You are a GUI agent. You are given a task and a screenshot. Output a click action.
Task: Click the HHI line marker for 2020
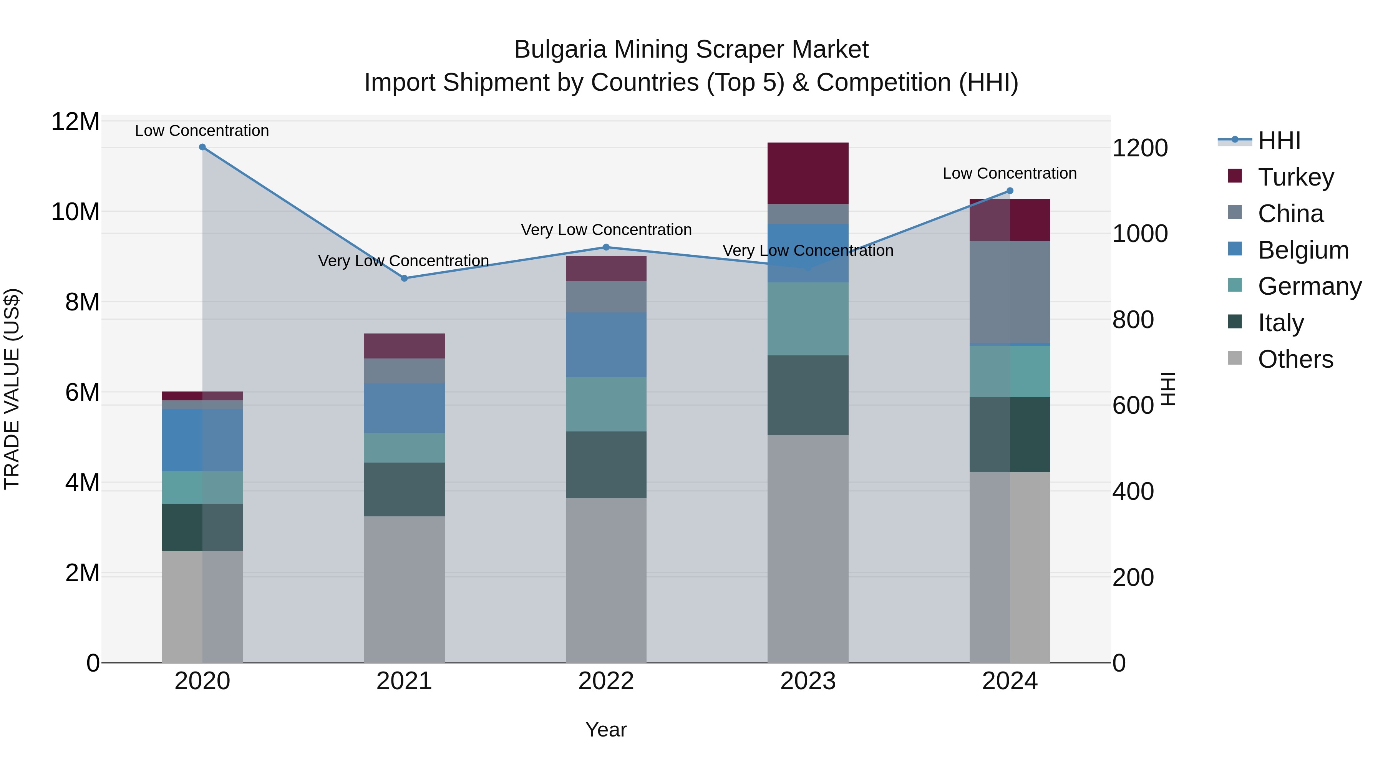[202, 147]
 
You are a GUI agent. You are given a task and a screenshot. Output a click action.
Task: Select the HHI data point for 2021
[404, 278]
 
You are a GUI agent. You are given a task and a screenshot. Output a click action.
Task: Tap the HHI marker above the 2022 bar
[606, 247]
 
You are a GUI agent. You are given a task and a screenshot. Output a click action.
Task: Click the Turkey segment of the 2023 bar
[808, 173]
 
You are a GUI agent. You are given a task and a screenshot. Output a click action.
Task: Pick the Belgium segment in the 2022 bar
[606, 345]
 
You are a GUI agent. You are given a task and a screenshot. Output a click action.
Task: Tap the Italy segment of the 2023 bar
[808, 395]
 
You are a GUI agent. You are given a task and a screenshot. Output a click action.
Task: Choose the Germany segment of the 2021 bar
[404, 448]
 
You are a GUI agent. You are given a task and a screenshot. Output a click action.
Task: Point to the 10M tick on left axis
[75, 212]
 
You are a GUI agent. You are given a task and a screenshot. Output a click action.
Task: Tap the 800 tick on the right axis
[1133, 320]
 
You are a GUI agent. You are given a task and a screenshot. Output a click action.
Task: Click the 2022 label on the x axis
[606, 681]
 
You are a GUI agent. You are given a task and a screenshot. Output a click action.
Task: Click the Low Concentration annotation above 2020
[202, 131]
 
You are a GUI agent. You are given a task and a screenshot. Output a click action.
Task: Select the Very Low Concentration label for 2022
[606, 230]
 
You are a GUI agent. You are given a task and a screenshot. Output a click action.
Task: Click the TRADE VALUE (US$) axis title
[12, 389]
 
